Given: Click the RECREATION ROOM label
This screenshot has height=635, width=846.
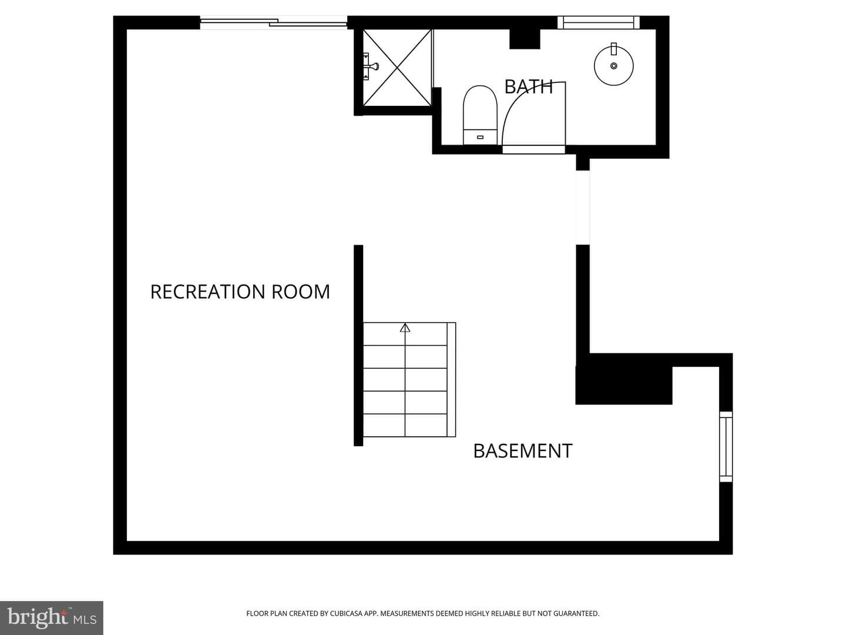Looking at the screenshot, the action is pyautogui.click(x=240, y=292).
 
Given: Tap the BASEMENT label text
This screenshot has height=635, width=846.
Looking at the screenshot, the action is pyautogui.click(x=523, y=451).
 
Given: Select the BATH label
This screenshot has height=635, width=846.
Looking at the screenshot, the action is pyautogui.click(x=528, y=87).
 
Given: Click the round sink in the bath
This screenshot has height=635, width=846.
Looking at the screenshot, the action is pyautogui.click(x=613, y=65).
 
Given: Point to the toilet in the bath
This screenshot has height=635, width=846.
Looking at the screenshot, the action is pyautogui.click(x=480, y=115).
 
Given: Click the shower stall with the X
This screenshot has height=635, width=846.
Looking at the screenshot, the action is pyautogui.click(x=397, y=68).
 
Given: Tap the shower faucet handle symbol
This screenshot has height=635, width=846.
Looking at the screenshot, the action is pyautogui.click(x=371, y=66).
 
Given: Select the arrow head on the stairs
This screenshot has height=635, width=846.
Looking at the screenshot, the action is pyautogui.click(x=405, y=327).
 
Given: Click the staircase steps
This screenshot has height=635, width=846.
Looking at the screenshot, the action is pyautogui.click(x=409, y=380).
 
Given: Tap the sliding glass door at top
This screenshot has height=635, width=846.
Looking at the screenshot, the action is pyautogui.click(x=274, y=23).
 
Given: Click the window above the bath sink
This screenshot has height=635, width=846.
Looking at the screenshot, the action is pyautogui.click(x=599, y=22).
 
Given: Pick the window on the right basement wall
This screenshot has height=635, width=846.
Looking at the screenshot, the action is pyautogui.click(x=726, y=446).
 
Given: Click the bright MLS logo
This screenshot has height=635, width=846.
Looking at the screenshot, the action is pyautogui.click(x=51, y=618).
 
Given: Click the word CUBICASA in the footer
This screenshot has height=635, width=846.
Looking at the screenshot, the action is pyautogui.click(x=345, y=613).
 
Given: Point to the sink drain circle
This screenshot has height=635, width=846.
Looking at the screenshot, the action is pyautogui.click(x=613, y=66).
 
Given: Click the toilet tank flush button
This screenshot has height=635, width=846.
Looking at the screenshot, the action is pyautogui.click(x=480, y=137).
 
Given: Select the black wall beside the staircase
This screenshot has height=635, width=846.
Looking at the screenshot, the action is pyautogui.click(x=358, y=346).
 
